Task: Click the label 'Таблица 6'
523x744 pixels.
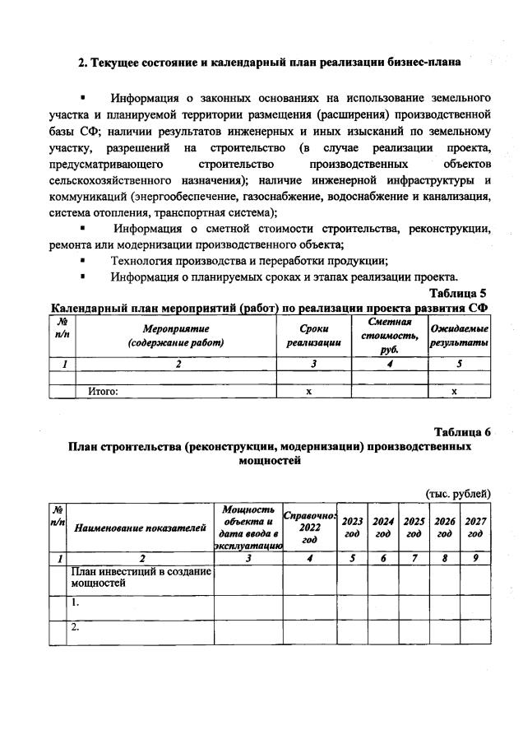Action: click(x=462, y=432)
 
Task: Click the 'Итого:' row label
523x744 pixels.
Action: click(x=104, y=392)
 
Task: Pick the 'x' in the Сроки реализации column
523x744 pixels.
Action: click(x=309, y=392)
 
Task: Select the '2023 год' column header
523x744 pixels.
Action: click(x=352, y=528)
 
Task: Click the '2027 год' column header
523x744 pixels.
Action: click(x=475, y=528)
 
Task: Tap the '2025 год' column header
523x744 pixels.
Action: click(x=414, y=528)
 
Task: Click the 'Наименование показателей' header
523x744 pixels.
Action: click(x=140, y=528)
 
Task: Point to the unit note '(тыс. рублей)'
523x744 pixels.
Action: click(x=458, y=493)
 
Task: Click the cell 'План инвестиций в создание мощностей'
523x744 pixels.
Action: click(x=140, y=577)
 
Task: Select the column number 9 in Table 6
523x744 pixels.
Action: click(x=475, y=558)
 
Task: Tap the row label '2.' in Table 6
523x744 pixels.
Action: click(x=76, y=627)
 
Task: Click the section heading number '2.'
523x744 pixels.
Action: click(x=82, y=62)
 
